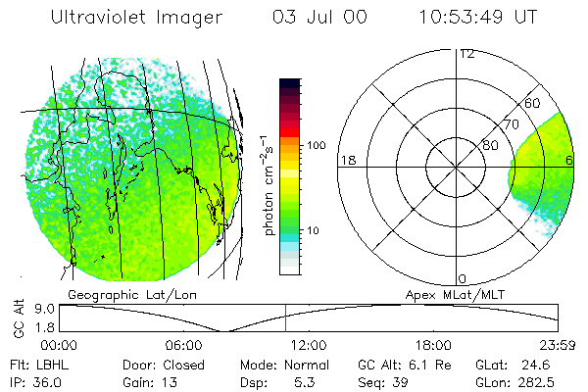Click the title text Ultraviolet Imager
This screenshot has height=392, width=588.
click(136, 19)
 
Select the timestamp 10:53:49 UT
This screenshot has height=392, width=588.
click(477, 19)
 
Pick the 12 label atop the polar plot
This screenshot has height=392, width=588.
click(466, 54)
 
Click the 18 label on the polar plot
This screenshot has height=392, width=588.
click(346, 160)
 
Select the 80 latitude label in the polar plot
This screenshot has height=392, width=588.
click(490, 146)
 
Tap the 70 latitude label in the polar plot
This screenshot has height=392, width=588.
click(511, 124)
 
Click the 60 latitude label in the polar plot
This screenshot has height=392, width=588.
click(532, 103)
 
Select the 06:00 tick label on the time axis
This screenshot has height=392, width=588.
click(184, 346)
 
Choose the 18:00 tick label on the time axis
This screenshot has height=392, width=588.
click(433, 346)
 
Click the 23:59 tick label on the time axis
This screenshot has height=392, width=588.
click(558, 346)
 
